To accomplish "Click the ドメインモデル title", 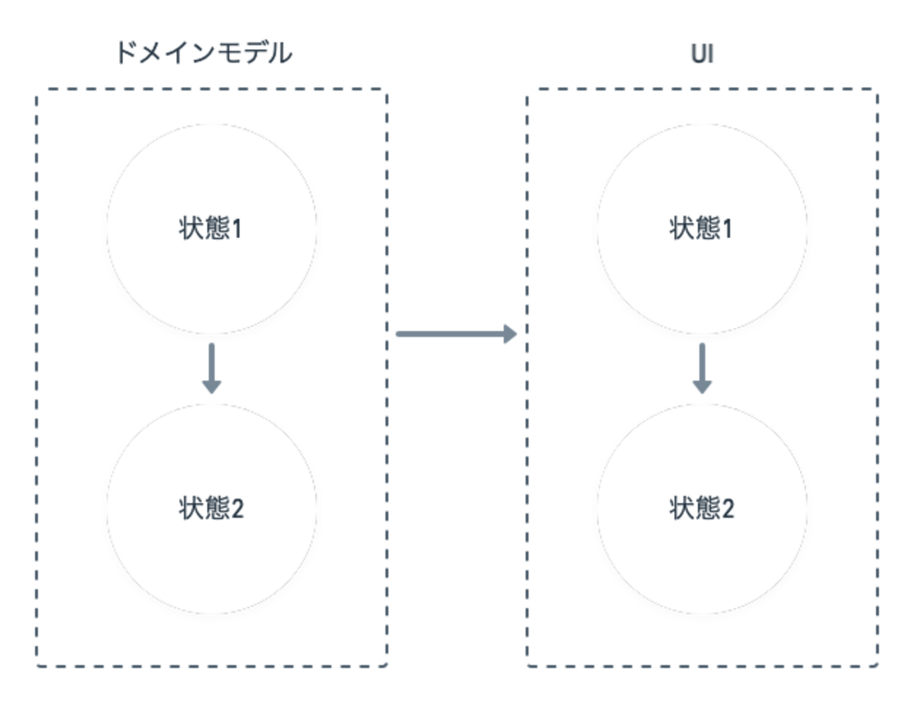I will pos(204,54).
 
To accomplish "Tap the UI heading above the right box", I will pos(702,55).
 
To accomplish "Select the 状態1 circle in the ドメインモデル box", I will pos(211,228).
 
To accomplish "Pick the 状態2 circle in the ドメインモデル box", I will pos(211,508).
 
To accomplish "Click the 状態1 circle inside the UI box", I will pos(702,228).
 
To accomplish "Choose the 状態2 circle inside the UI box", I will pos(702,508).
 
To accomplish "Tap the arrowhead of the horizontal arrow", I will pos(510,334).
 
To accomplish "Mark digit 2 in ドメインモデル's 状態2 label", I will pos(237,508).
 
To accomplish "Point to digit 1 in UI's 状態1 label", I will pos(727,229).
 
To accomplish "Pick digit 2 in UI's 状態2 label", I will pos(728,508).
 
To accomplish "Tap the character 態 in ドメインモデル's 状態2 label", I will pos(214,508).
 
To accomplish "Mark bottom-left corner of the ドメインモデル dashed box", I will pos(36,664).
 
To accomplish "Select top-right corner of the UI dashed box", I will pos(878,90).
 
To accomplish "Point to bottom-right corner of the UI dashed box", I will pos(878,664).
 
